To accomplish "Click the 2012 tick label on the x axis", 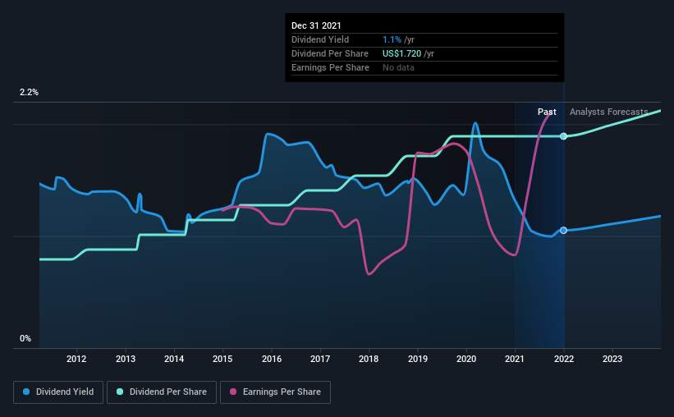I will (76, 359).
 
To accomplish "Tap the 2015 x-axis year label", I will (222, 359).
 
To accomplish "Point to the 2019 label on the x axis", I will (417, 359).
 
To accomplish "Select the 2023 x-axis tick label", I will (612, 359).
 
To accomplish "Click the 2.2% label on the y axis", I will (29, 93).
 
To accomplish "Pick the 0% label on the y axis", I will (25, 338).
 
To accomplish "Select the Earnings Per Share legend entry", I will (275, 392).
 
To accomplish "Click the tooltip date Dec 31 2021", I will (316, 25).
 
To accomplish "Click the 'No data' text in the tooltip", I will (398, 67).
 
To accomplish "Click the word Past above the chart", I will (547, 112).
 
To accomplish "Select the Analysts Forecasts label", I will (608, 112).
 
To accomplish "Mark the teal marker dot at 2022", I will (563, 135).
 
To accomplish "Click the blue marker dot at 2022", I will (563, 231).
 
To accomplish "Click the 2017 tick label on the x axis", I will (320, 359).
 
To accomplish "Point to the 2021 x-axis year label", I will (515, 359).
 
